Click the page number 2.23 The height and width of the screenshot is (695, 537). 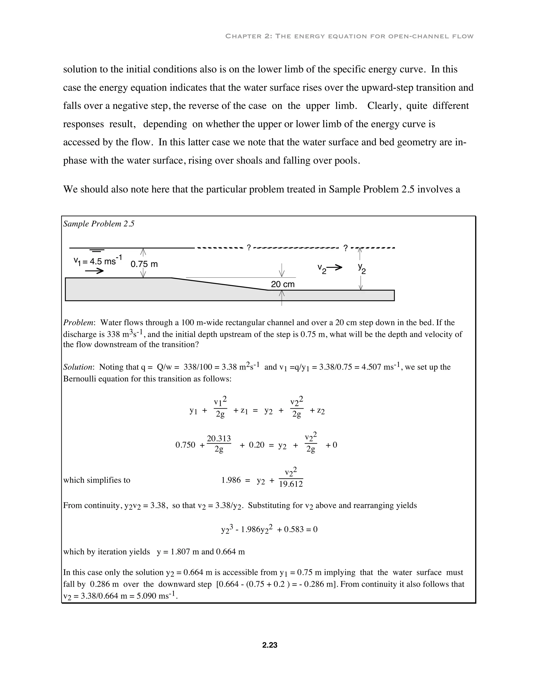tap(270, 645)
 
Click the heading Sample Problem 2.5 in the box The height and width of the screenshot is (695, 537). tap(99, 224)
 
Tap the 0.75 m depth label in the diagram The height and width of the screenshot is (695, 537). tap(144, 264)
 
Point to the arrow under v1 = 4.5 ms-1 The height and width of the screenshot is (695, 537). tap(94, 271)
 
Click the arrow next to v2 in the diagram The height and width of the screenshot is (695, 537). tap(334, 267)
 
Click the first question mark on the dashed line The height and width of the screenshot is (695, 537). tap(249, 248)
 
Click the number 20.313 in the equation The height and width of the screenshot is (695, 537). tap(219, 439)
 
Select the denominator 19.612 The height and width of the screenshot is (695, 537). tap(291, 484)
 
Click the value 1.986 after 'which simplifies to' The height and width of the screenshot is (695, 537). tap(231, 480)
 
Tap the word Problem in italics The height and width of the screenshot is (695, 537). tap(78, 322)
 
